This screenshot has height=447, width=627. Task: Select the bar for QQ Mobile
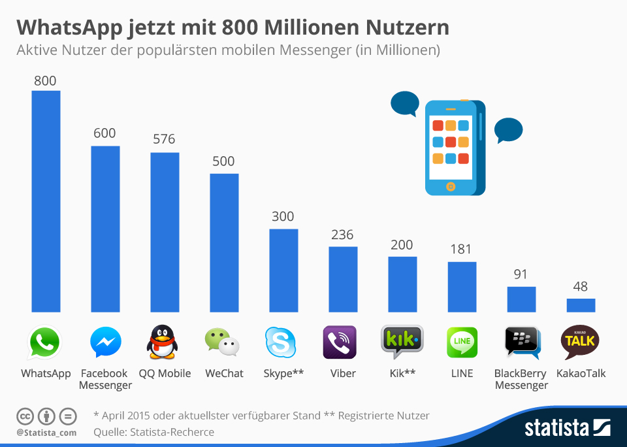point(165,232)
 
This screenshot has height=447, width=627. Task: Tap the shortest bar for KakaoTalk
point(581,305)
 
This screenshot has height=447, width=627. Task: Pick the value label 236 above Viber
point(342,235)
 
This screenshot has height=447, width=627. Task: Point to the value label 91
point(521,274)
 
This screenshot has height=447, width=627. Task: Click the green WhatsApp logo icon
point(44,342)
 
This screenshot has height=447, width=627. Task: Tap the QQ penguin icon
point(161,342)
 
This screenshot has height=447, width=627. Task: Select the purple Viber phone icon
point(340,342)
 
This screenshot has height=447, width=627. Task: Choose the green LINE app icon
point(462,342)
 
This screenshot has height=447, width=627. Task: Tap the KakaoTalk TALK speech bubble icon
point(579,342)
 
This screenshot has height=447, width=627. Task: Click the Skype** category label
point(283,374)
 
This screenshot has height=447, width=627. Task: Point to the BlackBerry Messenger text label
point(521,380)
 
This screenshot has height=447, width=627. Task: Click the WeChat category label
point(224,374)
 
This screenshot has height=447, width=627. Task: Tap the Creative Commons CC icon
point(25,416)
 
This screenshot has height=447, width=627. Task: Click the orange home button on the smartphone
point(450,186)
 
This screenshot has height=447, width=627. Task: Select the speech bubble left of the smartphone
point(404,104)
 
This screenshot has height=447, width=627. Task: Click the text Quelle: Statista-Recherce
point(154,432)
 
